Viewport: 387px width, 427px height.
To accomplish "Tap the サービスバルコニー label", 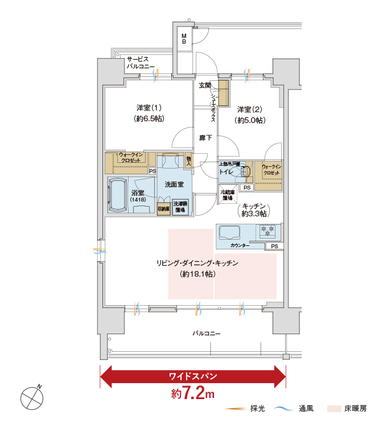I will [x=137, y=63].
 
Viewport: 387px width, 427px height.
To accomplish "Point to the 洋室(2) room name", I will [x=250, y=114].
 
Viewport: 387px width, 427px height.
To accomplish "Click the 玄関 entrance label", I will [x=204, y=85].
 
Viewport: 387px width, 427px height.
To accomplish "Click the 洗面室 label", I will [x=174, y=185].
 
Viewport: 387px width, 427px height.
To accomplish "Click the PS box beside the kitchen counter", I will [x=274, y=246].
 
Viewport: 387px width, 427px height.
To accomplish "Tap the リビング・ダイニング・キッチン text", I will [x=197, y=263].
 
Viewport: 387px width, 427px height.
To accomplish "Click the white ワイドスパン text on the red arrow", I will [x=193, y=376].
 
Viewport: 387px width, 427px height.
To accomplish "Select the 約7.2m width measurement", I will [x=193, y=393].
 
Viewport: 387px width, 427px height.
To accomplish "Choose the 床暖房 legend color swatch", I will [x=334, y=409].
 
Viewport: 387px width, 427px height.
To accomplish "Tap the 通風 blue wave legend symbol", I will [x=284, y=409].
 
